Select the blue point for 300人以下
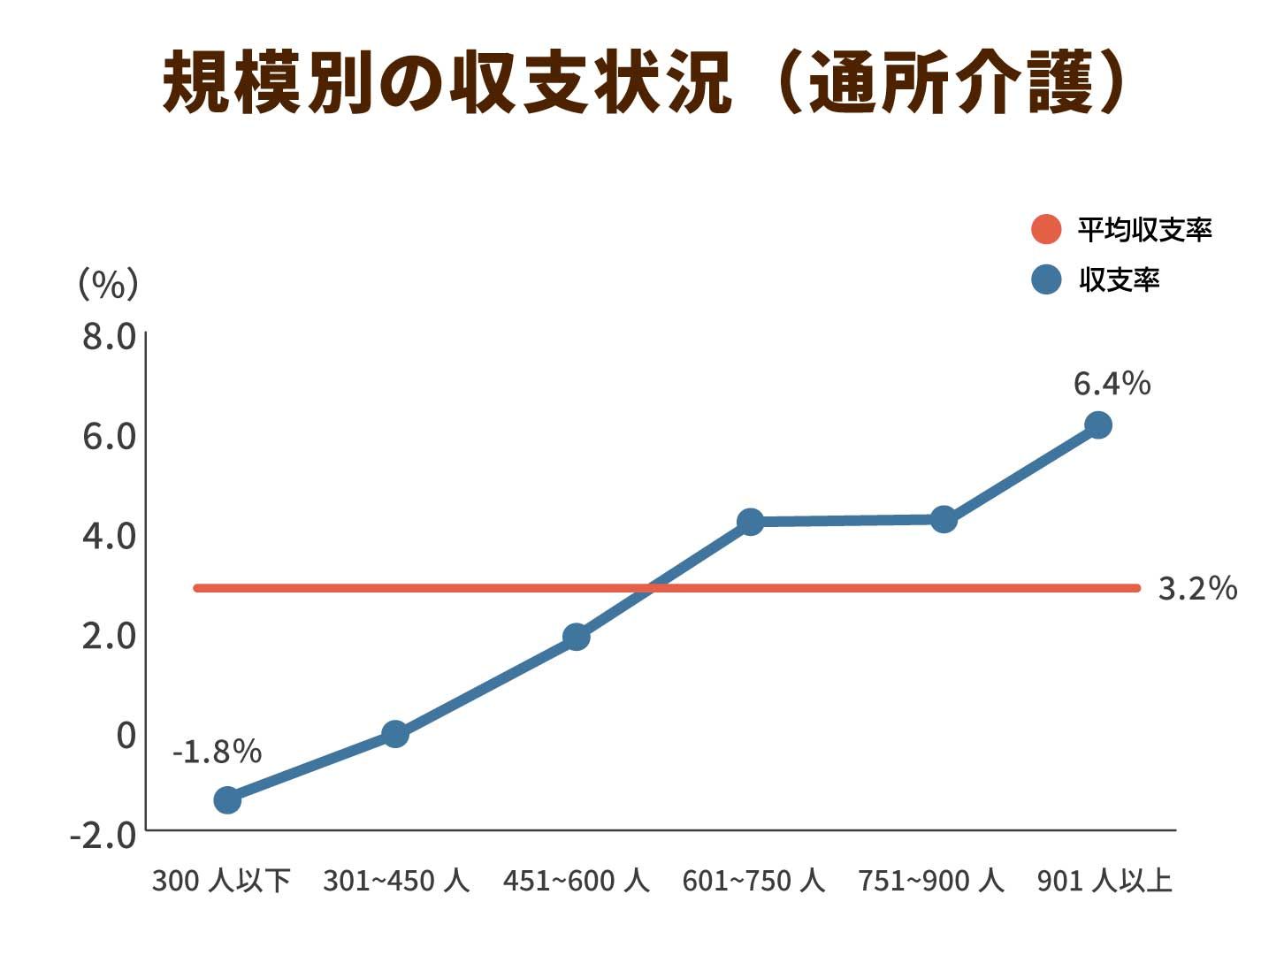227,799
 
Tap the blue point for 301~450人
395,733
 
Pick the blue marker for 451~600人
577,636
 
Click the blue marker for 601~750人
750,522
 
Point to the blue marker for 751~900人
944,519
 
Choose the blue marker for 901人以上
1098,425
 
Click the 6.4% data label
1112,384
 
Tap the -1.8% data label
217,752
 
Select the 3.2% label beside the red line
1197,588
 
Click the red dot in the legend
1046,229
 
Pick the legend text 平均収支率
1144,230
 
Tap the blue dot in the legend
1046,279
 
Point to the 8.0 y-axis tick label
110,337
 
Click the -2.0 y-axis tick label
103,834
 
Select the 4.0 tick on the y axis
110,536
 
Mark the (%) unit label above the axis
109,284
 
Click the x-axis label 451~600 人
576,881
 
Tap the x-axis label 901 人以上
1104,881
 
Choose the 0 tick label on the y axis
126,735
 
